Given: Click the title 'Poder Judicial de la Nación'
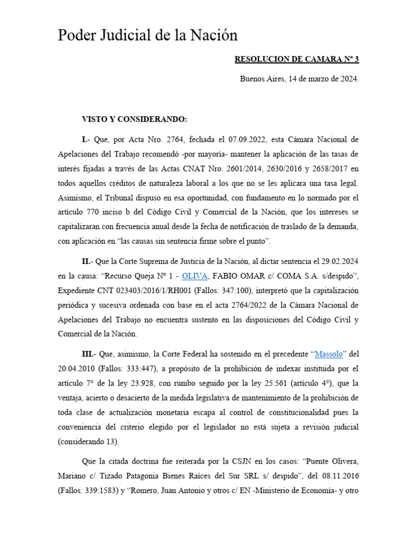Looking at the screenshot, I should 148,36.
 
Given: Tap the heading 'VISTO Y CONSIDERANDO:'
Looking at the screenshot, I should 134,119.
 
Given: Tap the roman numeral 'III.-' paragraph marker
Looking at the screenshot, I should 91,354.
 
